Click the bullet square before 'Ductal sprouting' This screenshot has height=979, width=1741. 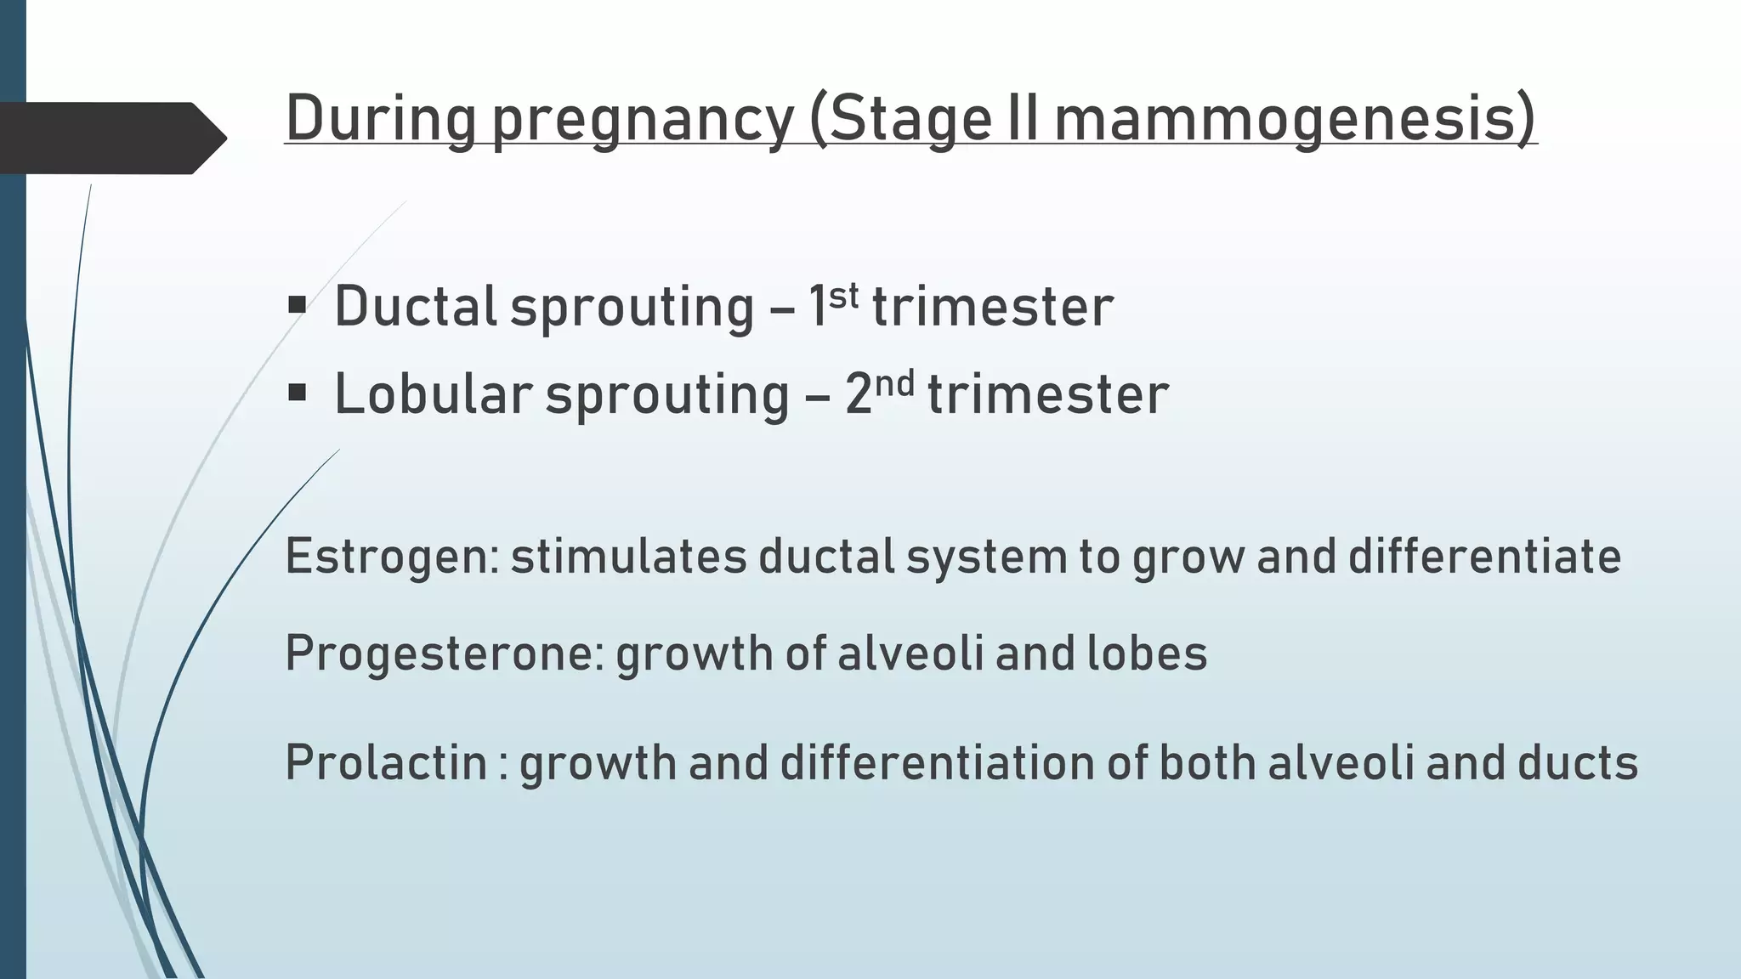click(x=297, y=305)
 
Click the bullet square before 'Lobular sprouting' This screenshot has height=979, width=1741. click(x=297, y=393)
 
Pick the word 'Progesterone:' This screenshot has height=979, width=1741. click(x=445, y=654)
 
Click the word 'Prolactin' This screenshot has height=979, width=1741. click(x=386, y=762)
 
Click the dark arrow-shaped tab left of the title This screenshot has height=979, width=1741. click(x=111, y=138)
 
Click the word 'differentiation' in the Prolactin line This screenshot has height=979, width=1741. click(x=937, y=762)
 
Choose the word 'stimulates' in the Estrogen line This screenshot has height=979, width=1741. click(x=628, y=557)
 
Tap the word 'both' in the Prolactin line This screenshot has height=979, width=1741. click(x=1207, y=762)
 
